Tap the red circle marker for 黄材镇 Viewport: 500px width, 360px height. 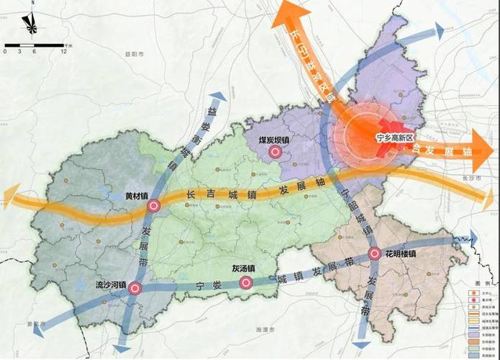coord(153,207)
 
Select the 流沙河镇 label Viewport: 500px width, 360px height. coord(111,285)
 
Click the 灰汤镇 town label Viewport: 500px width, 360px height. coord(243,269)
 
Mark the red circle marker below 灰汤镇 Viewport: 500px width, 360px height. coord(245,283)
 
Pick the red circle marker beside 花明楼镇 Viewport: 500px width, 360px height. coord(375,253)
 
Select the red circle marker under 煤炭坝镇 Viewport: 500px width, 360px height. coord(273,153)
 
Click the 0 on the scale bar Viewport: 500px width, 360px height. coord(5,52)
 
